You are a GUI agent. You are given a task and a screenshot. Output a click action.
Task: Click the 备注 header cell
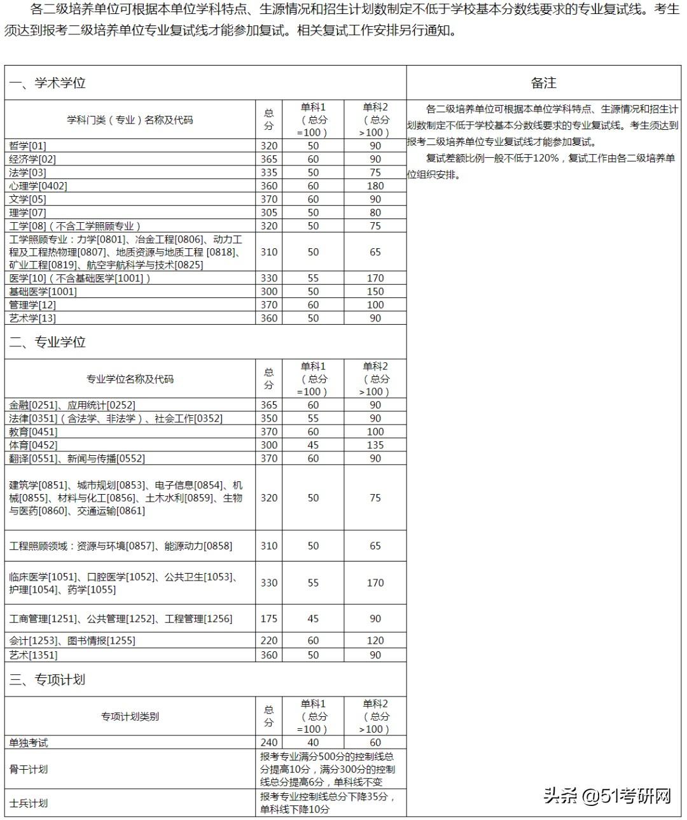tap(543, 83)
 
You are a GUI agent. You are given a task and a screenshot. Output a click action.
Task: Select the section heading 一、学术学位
tap(47, 83)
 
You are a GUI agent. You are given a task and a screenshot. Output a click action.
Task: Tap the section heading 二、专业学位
tap(47, 342)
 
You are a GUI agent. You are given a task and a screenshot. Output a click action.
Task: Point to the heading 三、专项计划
tap(47, 679)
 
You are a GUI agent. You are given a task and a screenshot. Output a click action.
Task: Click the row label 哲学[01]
tap(27, 146)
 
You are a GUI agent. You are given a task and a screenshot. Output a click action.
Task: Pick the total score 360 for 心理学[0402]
tap(268, 186)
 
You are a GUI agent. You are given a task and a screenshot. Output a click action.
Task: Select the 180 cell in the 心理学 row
tap(375, 186)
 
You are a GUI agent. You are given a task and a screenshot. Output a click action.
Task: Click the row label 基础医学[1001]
tap(43, 292)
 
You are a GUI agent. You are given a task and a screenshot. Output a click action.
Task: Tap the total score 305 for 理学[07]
tap(268, 213)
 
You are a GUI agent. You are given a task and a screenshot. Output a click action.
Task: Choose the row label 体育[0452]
tap(33, 445)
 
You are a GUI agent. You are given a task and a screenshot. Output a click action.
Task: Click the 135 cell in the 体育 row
tap(375, 445)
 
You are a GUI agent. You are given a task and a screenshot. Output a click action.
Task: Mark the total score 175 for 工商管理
tap(268, 619)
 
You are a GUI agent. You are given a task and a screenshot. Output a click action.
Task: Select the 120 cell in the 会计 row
tap(375, 640)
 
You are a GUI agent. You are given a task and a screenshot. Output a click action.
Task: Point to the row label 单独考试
tap(29, 742)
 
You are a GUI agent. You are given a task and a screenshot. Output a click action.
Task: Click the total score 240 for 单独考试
tap(268, 742)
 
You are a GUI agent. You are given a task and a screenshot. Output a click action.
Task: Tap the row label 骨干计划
tap(29, 769)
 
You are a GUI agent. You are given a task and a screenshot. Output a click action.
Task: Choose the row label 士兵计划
tap(29, 803)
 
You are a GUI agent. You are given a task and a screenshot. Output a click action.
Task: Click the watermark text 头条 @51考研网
tap(607, 796)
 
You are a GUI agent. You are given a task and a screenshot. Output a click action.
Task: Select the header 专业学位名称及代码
tap(130, 379)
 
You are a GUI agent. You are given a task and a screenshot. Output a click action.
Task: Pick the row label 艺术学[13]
tap(32, 318)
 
